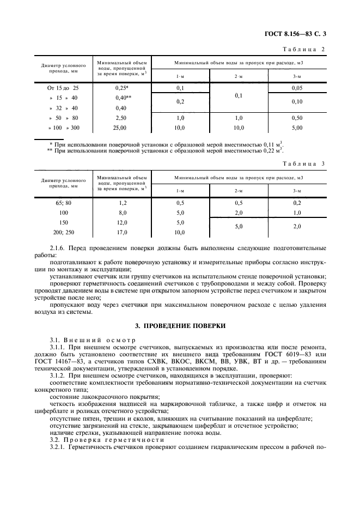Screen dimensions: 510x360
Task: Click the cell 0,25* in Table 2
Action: (121, 87)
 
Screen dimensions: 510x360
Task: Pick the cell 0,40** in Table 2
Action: (121, 98)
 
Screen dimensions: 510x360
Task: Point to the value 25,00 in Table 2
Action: (121, 128)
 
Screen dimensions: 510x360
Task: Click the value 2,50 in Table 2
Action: (121, 118)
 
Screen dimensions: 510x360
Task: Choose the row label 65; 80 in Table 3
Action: (64, 202)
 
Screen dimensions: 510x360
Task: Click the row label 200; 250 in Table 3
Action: (64, 232)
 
